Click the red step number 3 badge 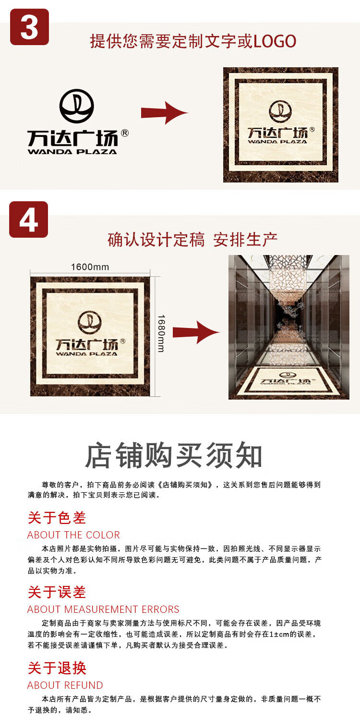pyautogui.click(x=29, y=27)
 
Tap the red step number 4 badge pyautogui.click(x=28, y=219)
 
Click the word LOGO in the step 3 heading pyautogui.click(x=275, y=41)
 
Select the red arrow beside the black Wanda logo pyautogui.click(x=164, y=113)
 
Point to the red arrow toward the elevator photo pyautogui.click(x=196, y=332)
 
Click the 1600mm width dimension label pyautogui.click(x=90, y=267)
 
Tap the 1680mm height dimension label pyautogui.click(x=161, y=333)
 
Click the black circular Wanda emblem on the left pyautogui.click(x=77, y=106)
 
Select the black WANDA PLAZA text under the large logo pyautogui.click(x=72, y=151)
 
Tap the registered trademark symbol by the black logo pyautogui.click(x=124, y=133)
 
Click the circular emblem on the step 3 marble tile pyautogui.click(x=280, y=111)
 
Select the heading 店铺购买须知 pyautogui.click(x=174, y=455)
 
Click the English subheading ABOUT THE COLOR pyautogui.click(x=73, y=535)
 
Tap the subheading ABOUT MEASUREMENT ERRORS pyautogui.click(x=103, y=609)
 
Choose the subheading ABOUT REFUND pyautogui.click(x=65, y=685)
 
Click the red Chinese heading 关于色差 pyautogui.click(x=57, y=518)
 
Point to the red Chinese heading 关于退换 pyautogui.click(x=57, y=668)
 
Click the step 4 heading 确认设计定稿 pyautogui.click(x=156, y=240)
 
